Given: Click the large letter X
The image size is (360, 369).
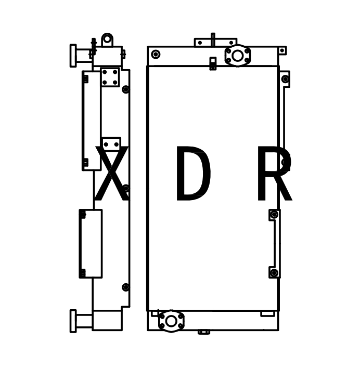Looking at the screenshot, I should [111, 175].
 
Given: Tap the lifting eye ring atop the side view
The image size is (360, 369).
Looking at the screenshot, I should [107, 39].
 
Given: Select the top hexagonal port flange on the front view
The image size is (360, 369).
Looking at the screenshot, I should [238, 56].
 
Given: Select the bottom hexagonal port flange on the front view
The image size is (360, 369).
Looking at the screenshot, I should [171, 321].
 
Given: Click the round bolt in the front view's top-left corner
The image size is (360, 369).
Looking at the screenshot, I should [156, 54].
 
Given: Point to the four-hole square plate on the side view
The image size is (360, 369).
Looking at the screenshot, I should [110, 77].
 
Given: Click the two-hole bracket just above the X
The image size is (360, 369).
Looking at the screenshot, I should [111, 144].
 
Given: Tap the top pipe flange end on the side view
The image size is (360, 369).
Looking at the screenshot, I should [73, 56].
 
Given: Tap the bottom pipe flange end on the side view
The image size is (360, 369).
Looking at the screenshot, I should [73, 321].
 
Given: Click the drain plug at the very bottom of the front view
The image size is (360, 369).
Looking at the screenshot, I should [204, 332].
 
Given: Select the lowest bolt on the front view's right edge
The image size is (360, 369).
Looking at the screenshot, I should [274, 273].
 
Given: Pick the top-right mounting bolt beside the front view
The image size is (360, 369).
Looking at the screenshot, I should [285, 79].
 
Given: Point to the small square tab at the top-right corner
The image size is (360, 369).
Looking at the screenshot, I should [282, 50].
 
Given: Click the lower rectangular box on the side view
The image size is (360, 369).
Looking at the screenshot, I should [91, 243].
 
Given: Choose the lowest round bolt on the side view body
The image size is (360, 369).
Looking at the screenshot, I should [126, 287].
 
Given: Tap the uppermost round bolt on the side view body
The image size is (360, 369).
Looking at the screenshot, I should [126, 89].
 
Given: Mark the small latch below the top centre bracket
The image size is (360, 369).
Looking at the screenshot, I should [213, 63].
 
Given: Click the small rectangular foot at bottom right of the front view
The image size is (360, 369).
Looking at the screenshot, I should [267, 314].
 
